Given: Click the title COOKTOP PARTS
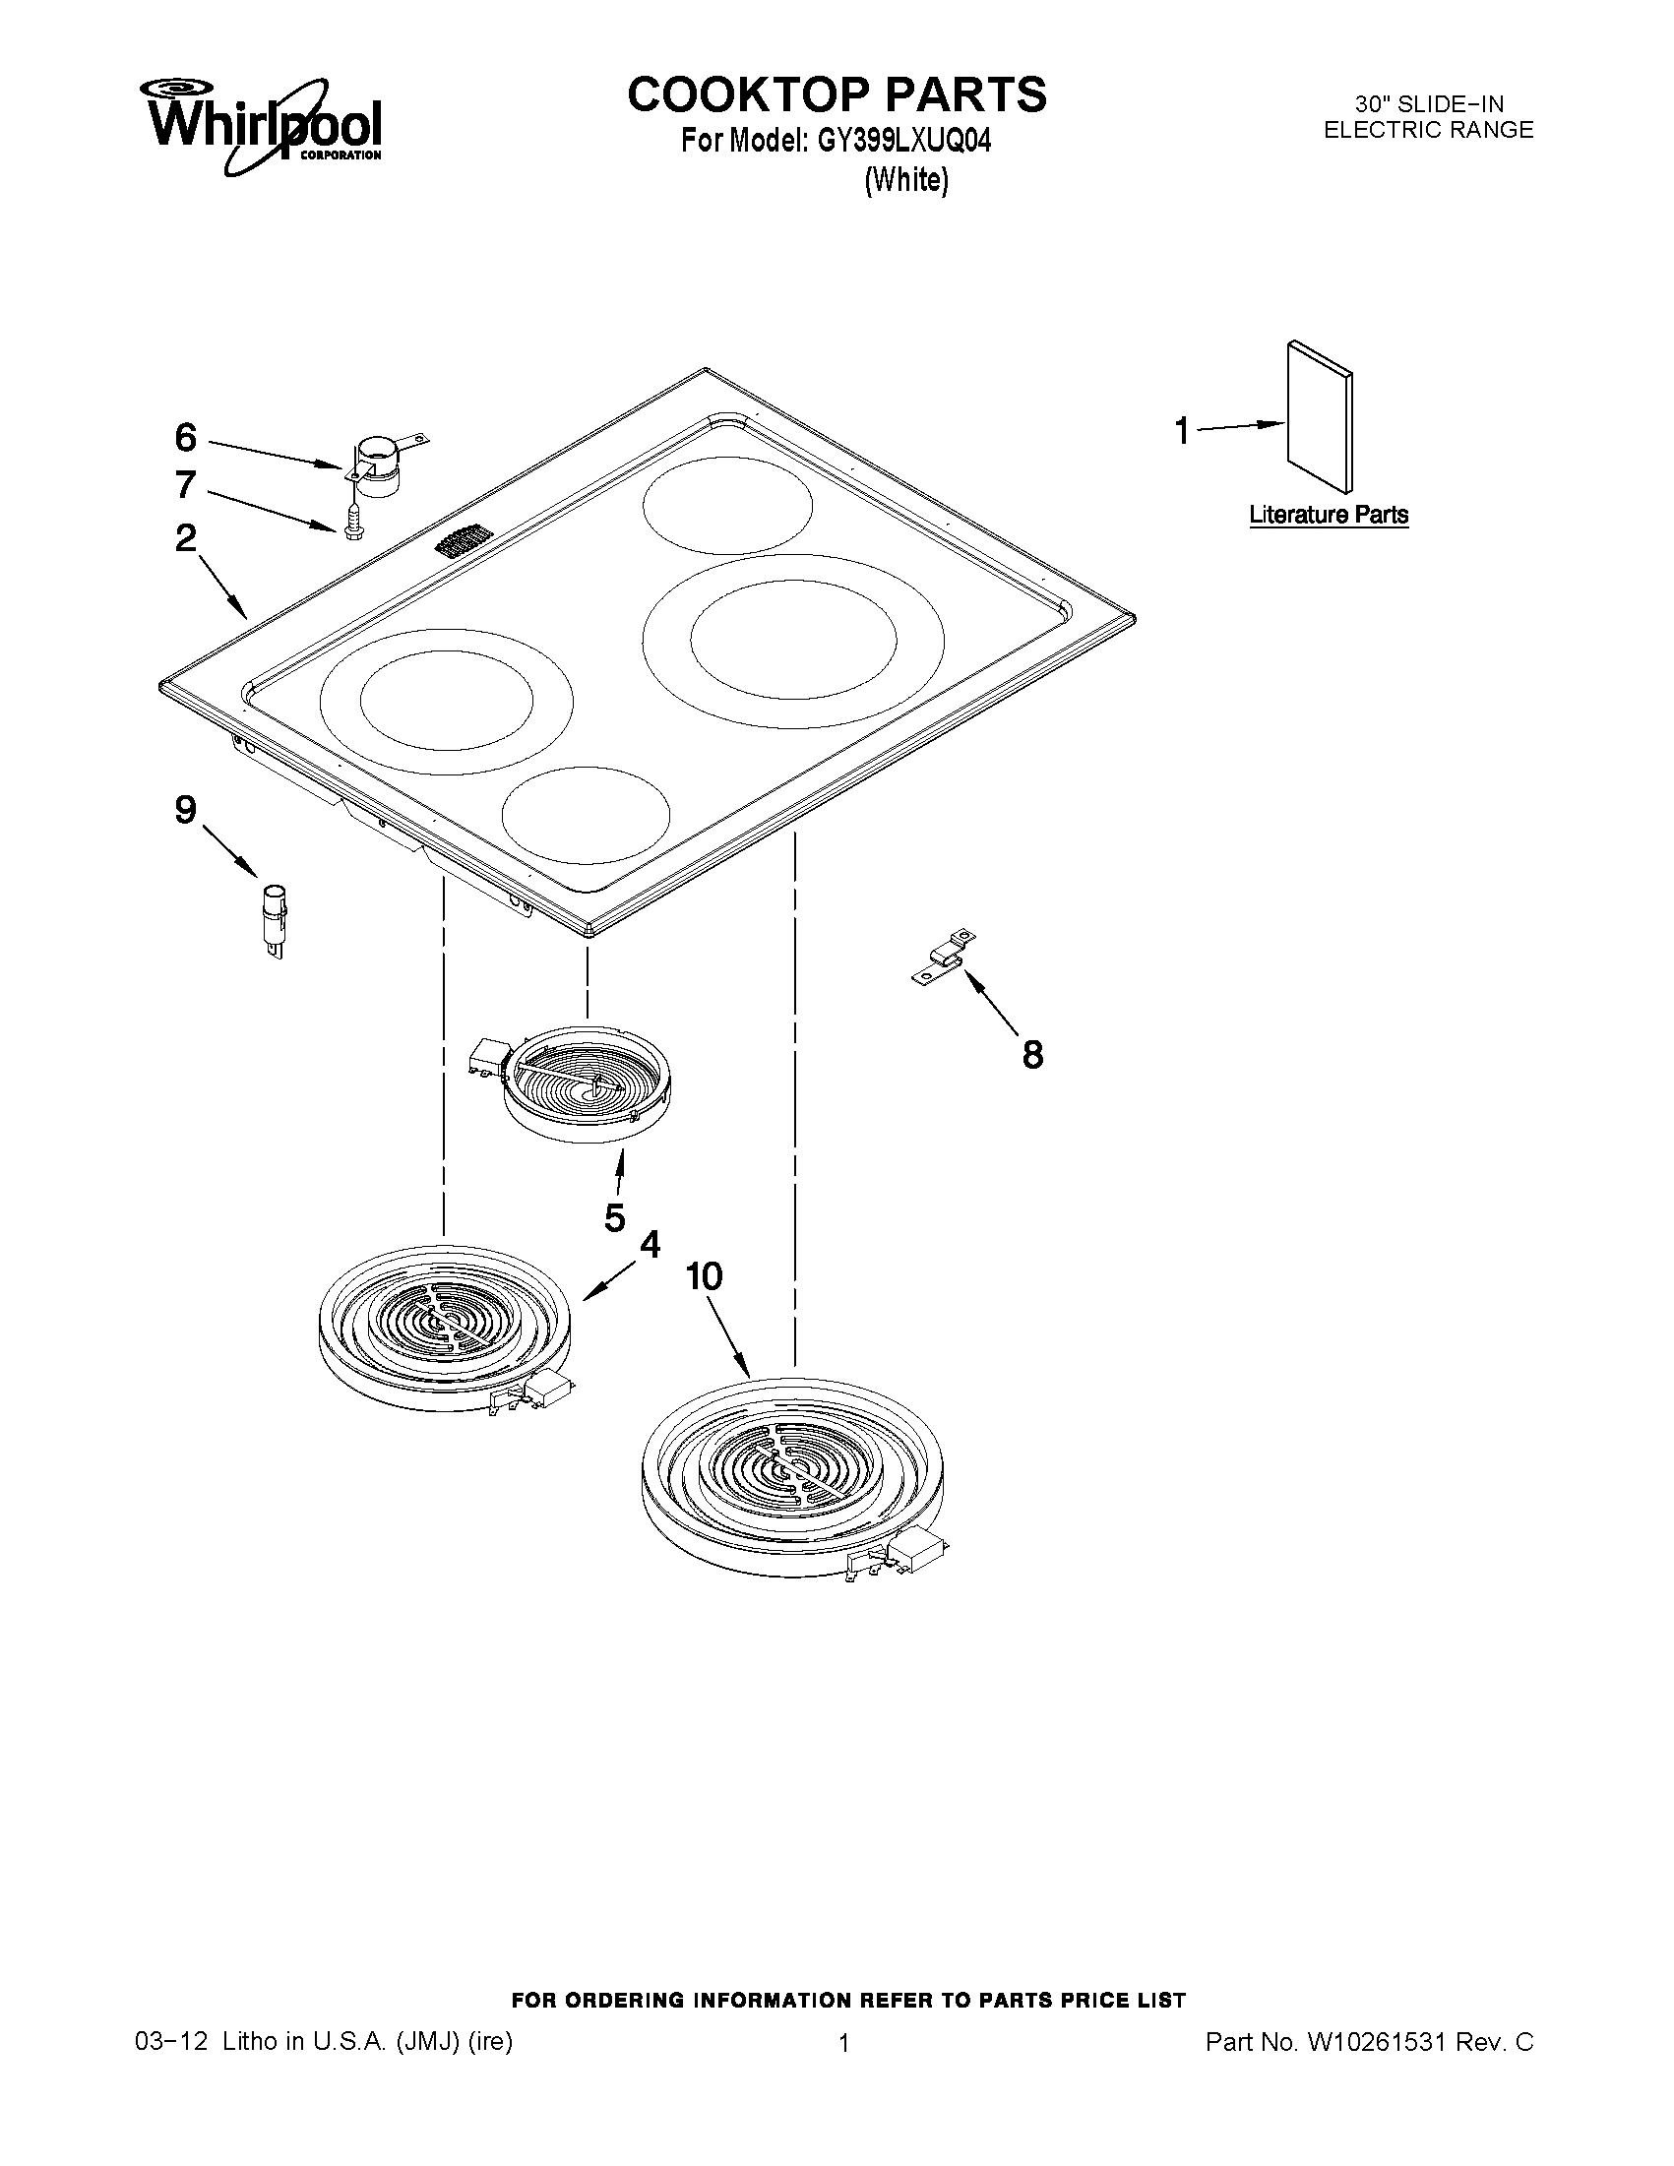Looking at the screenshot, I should coord(836,95).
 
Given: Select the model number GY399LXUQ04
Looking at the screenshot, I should coord(903,142).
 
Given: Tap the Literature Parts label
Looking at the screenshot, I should coord(1328,515).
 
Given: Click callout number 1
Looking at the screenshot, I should coord(1182,431).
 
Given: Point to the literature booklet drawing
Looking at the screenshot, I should coord(1320,416).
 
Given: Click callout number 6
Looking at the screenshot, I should coord(186,437).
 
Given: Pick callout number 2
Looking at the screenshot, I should coord(186,538).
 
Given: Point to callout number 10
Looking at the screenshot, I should coord(704,1276).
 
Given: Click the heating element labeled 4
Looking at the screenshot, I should coord(444,1327).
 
